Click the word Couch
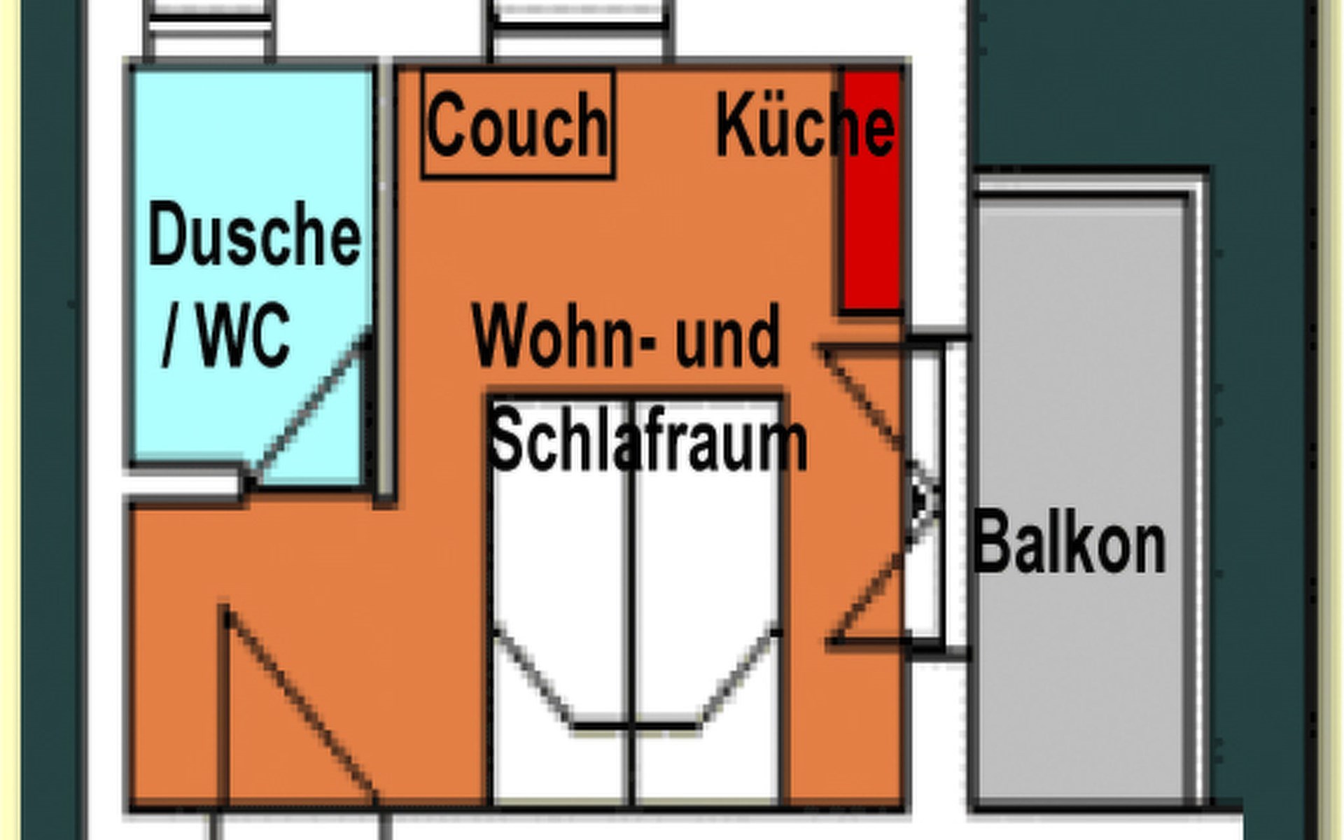[x=517, y=126]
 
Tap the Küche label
[x=805, y=126]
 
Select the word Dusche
[x=254, y=234]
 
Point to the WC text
[x=243, y=335]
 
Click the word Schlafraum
[x=647, y=441]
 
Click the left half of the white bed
[x=560, y=560]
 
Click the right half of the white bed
[x=707, y=560]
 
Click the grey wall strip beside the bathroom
[x=385, y=280]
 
